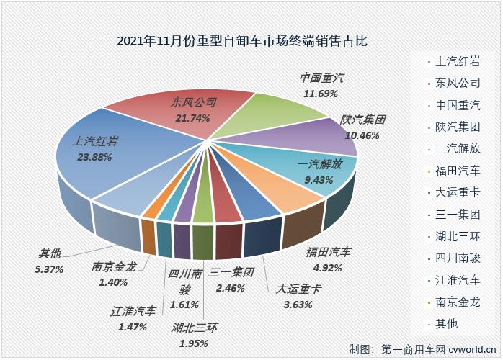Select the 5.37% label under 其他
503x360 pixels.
(49, 269)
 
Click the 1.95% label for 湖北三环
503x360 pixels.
(195, 343)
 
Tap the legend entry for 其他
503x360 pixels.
(448, 323)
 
